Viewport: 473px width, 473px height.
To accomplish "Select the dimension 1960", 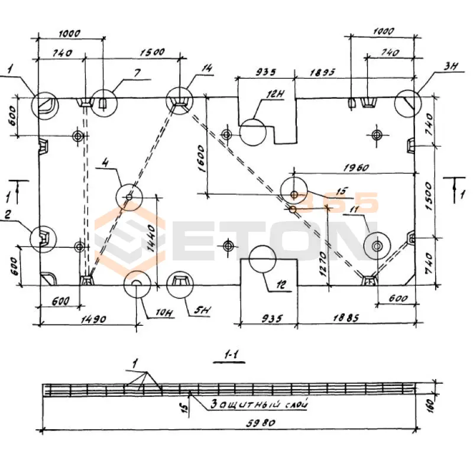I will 354,168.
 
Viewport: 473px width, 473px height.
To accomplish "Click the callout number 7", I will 137,73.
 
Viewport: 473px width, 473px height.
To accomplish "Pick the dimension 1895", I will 322,73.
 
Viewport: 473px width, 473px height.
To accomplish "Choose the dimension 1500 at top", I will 152,52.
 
